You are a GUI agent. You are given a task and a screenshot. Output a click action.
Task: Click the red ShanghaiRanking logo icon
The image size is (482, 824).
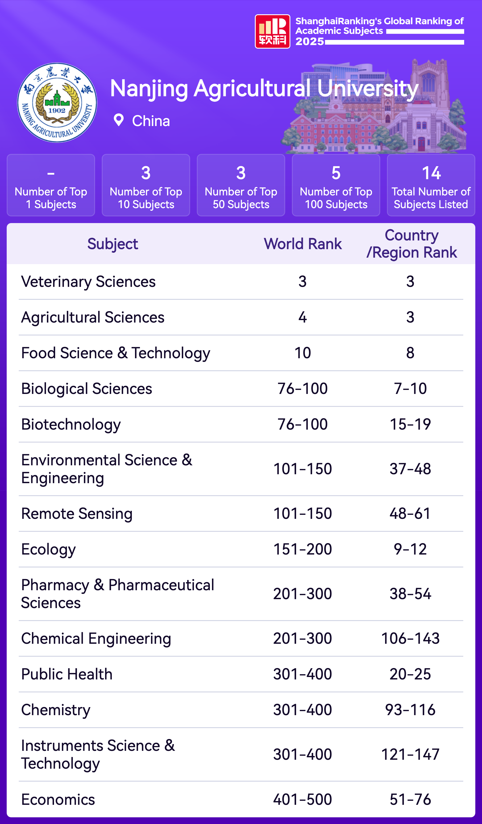(x=272, y=31)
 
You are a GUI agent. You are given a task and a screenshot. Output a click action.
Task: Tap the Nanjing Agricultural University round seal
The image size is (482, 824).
(x=57, y=103)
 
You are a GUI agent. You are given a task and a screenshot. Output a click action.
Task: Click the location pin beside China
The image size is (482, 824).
(x=118, y=120)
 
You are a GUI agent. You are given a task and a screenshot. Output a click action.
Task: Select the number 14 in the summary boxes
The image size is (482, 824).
(x=431, y=173)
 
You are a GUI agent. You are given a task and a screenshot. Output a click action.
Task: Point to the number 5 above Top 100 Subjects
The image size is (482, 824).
(x=336, y=173)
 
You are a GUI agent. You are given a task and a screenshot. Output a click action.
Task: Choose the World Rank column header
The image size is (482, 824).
(x=302, y=244)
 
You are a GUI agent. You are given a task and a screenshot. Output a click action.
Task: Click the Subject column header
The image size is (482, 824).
(x=112, y=244)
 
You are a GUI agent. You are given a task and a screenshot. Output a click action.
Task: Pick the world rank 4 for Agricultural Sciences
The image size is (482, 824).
(x=302, y=317)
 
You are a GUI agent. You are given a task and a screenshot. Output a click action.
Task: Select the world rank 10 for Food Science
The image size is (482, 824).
(x=302, y=353)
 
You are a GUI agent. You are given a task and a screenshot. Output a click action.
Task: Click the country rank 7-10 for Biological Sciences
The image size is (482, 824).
(x=410, y=388)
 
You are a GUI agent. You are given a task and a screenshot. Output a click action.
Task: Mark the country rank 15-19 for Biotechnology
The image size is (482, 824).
(x=410, y=424)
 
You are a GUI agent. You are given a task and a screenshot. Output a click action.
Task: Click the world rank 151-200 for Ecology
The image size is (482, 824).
(x=302, y=549)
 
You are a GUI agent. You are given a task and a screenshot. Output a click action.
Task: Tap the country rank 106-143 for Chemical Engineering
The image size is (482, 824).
(x=410, y=638)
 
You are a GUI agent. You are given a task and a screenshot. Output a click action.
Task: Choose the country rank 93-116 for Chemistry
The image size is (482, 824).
(x=410, y=710)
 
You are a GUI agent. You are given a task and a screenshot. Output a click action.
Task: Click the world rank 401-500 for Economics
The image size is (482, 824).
(x=302, y=799)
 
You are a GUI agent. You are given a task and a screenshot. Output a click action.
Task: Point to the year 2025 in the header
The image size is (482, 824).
(x=309, y=41)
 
